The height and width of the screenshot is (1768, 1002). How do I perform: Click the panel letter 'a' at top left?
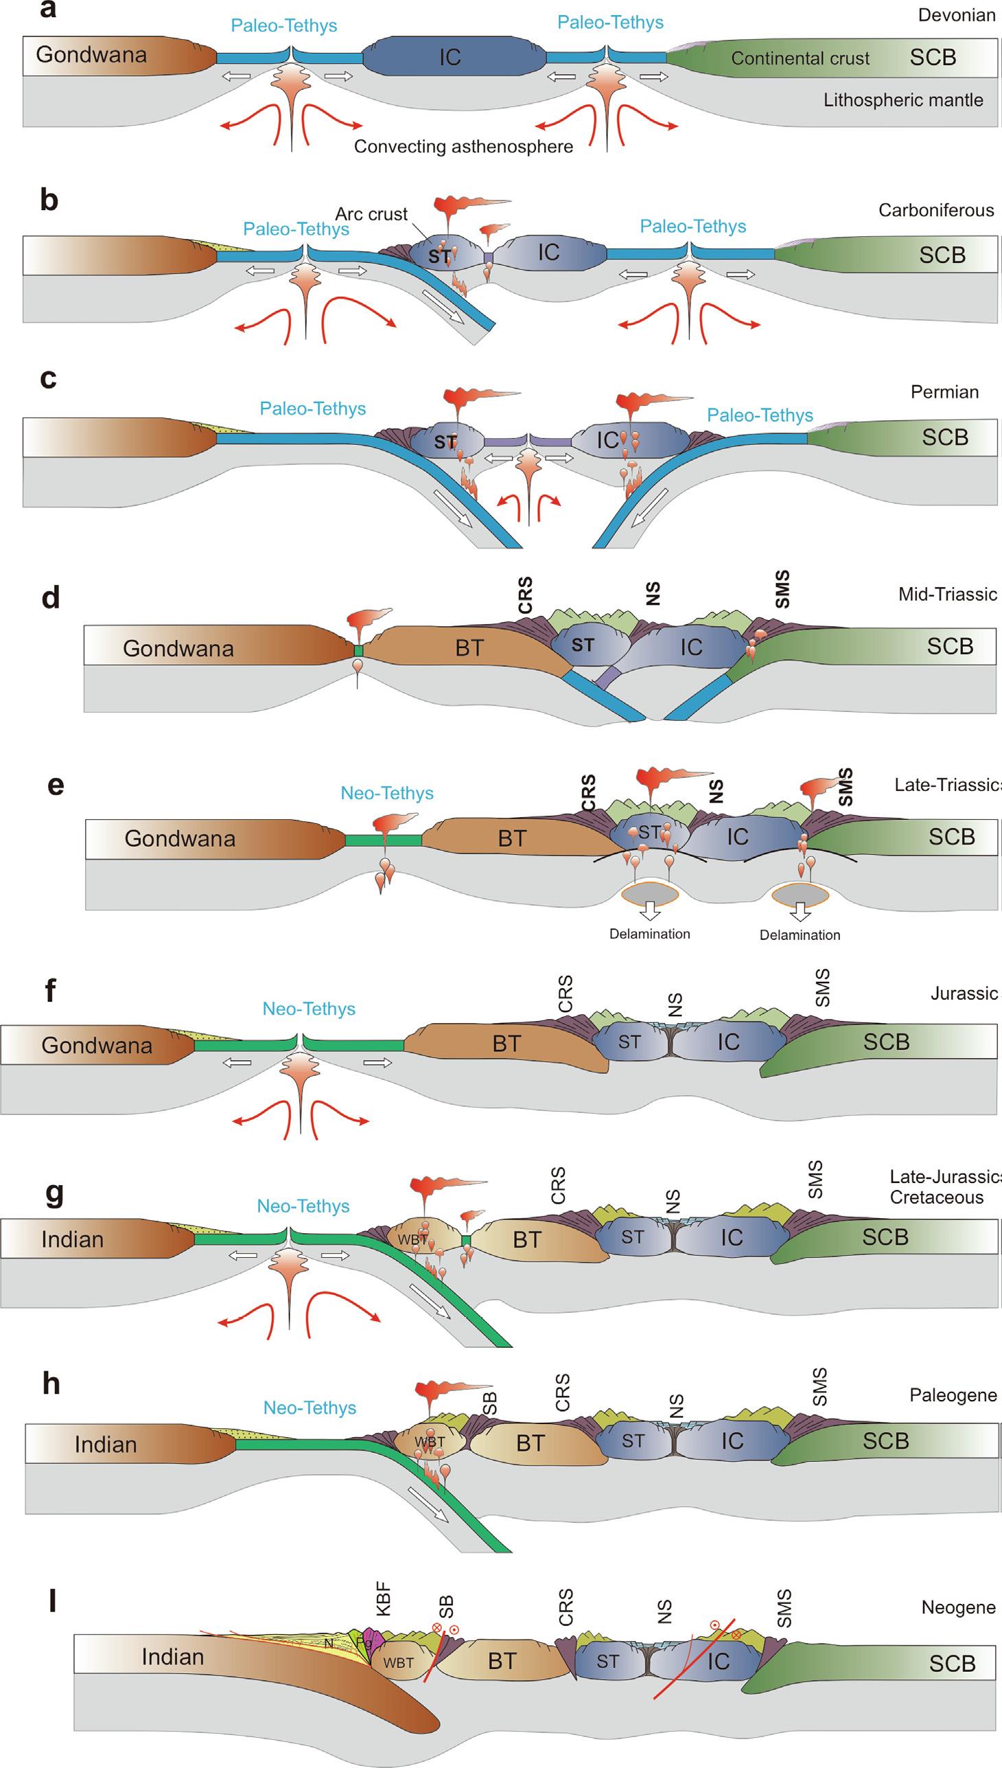(48, 10)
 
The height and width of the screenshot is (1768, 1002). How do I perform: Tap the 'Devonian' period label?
(956, 15)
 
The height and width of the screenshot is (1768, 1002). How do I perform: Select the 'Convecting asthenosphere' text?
(463, 147)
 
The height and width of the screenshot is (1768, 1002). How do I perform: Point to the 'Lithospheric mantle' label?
(903, 100)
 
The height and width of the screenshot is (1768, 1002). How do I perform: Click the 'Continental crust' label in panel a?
(800, 58)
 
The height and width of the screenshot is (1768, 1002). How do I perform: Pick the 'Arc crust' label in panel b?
(371, 214)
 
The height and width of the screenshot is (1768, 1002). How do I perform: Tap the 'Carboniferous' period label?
(936, 210)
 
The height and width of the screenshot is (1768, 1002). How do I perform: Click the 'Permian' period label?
(944, 392)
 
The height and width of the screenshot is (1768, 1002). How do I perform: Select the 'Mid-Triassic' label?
(947, 594)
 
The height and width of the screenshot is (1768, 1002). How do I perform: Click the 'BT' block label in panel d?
(469, 648)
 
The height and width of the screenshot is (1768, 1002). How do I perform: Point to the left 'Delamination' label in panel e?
(650, 934)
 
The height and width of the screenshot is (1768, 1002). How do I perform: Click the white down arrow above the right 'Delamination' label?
(800, 912)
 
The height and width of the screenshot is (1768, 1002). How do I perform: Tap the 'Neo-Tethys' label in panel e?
(387, 793)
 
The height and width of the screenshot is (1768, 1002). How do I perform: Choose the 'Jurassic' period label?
(964, 994)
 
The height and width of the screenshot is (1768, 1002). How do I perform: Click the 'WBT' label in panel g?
(412, 1239)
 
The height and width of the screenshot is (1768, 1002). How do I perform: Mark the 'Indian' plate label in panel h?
(105, 1445)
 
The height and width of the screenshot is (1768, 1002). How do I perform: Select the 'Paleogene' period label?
(953, 1396)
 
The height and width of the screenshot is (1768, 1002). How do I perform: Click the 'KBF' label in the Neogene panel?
(384, 1598)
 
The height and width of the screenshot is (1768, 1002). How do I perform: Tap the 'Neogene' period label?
(958, 1607)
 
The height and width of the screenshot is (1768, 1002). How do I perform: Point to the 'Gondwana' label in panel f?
(96, 1045)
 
